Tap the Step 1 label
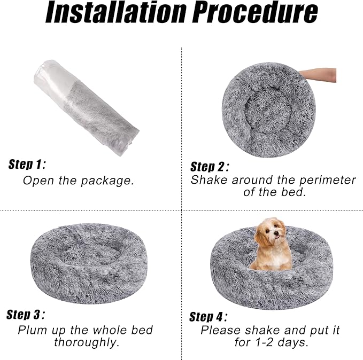[x=27, y=164]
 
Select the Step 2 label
[x=210, y=166]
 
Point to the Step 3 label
[x=26, y=314]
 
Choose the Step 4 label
[x=208, y=316]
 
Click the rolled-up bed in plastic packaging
[x=86, y=107]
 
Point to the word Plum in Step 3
[x=33, y=330]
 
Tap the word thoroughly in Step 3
[x=86, y=342]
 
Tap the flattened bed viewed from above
[x=268, y=109]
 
